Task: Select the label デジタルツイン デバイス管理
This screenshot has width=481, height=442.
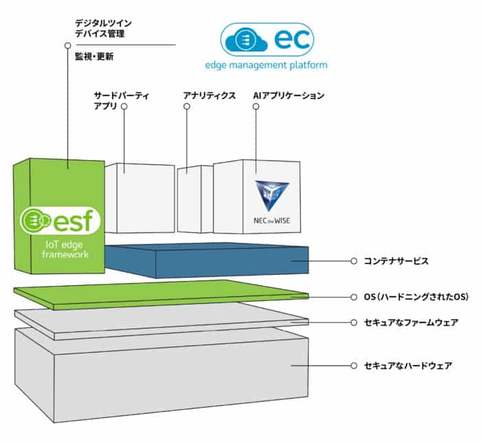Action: pos(104,28)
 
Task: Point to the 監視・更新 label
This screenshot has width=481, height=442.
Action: pos(94,57)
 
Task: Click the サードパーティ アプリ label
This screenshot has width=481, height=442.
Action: pos(120,100)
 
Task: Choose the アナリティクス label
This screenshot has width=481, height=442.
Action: pos(208,96)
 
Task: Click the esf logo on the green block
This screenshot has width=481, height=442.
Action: pos(60,221)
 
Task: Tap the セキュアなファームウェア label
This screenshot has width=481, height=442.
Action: pos(410,322)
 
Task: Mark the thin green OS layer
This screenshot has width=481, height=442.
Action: pos(172,294)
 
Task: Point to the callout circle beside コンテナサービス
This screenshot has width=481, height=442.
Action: pos(353,261)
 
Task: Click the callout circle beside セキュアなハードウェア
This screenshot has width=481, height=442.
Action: pos(353,366)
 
